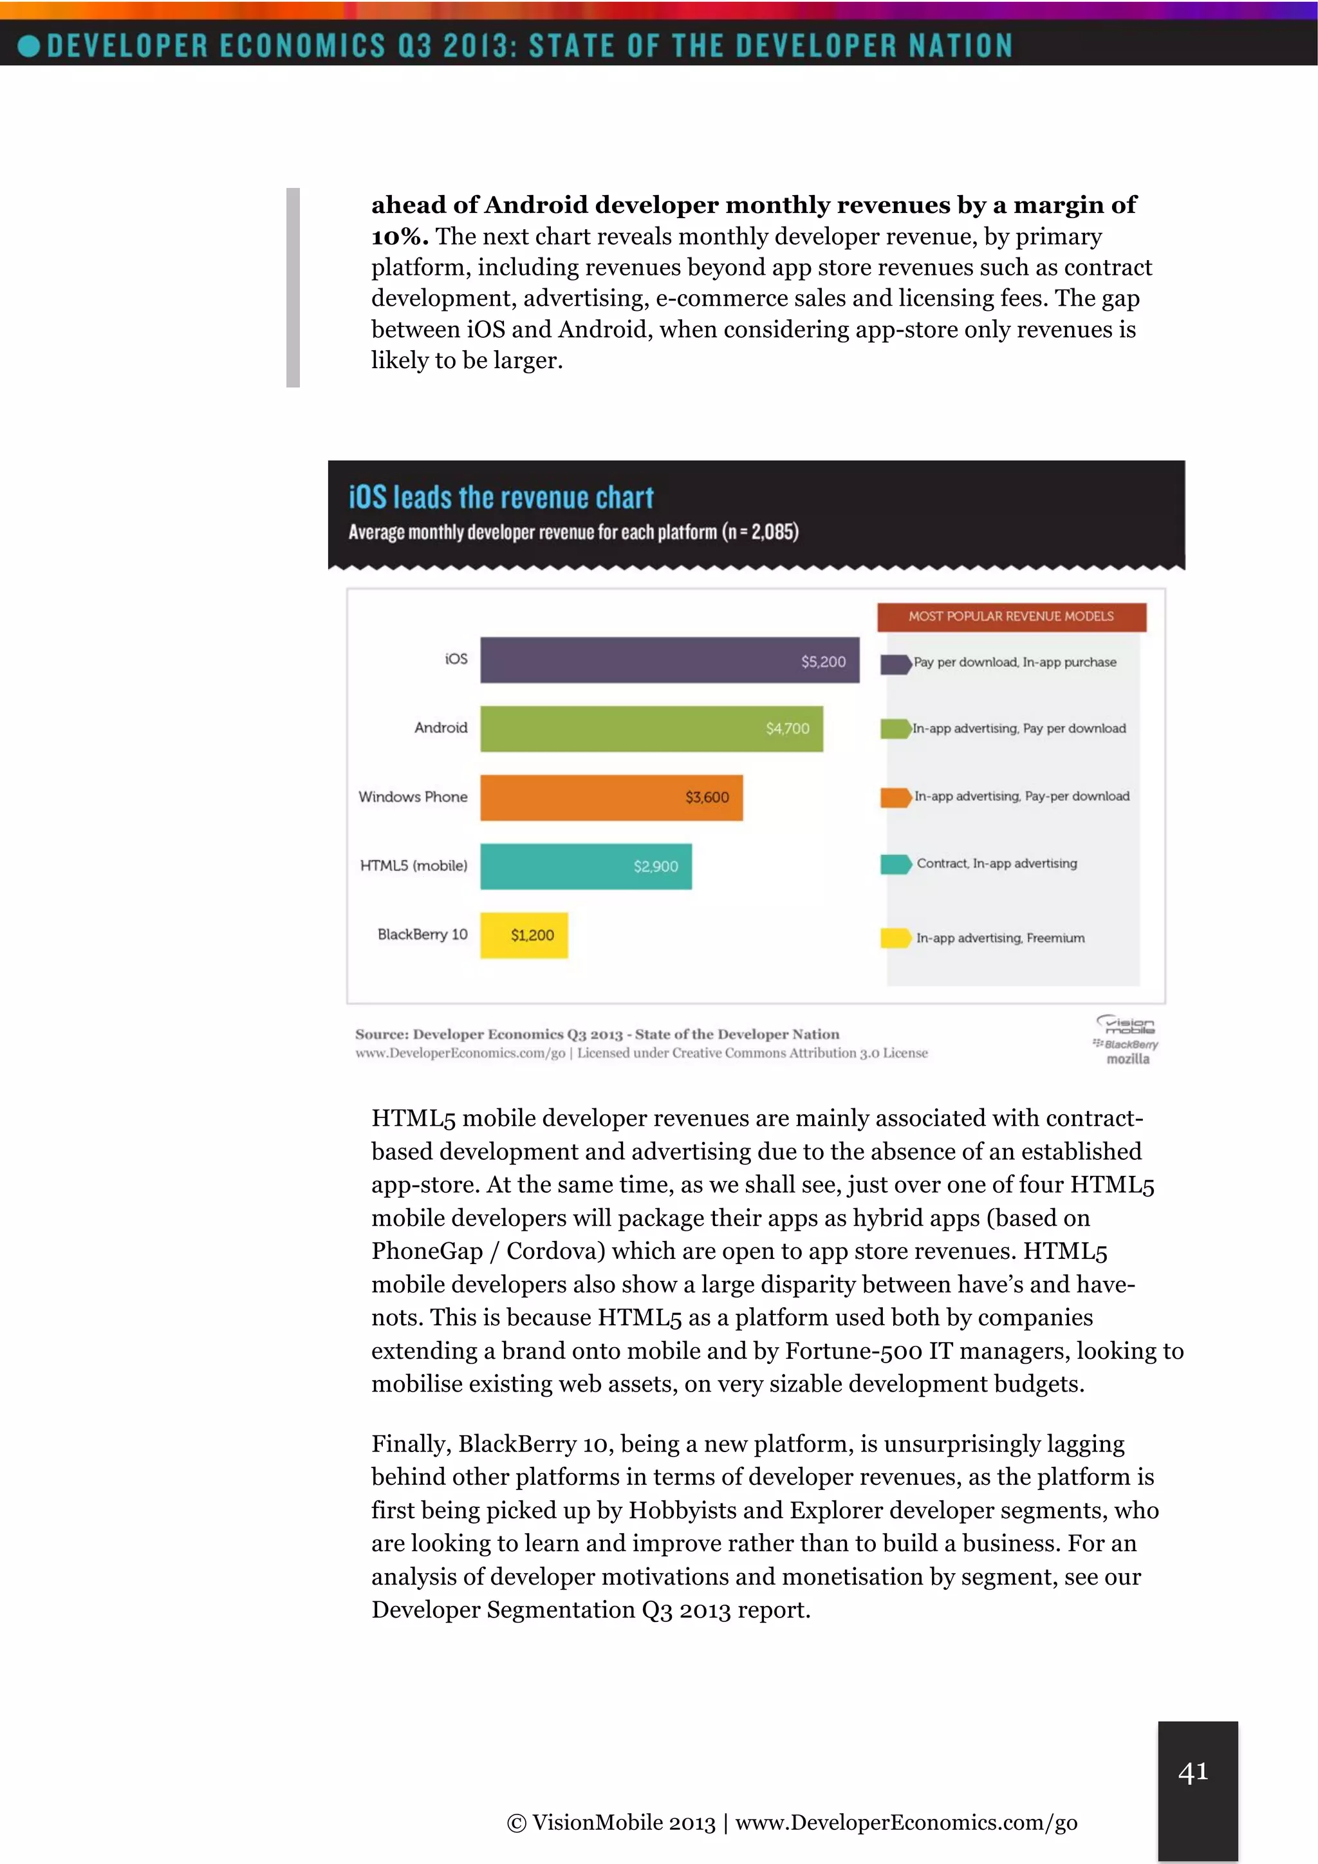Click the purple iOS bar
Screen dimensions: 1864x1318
(633, 659)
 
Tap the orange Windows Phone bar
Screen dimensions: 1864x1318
(584, 797)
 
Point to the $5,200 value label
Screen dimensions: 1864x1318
(823, 662)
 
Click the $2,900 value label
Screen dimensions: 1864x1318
(656, 866)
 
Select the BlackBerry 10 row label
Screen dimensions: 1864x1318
(422, 935)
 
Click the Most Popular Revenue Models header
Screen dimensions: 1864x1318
(1011, 616)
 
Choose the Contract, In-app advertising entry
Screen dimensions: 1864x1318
(997, 864)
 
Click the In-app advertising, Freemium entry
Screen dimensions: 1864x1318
(1000, 938)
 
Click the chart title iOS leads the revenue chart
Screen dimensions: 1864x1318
(501, 498)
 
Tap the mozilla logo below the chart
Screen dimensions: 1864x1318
(1128, 1059)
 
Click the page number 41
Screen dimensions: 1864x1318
(1193, 1771)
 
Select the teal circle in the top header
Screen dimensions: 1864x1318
(28, 46)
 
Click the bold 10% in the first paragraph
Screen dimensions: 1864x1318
(399, 237)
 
